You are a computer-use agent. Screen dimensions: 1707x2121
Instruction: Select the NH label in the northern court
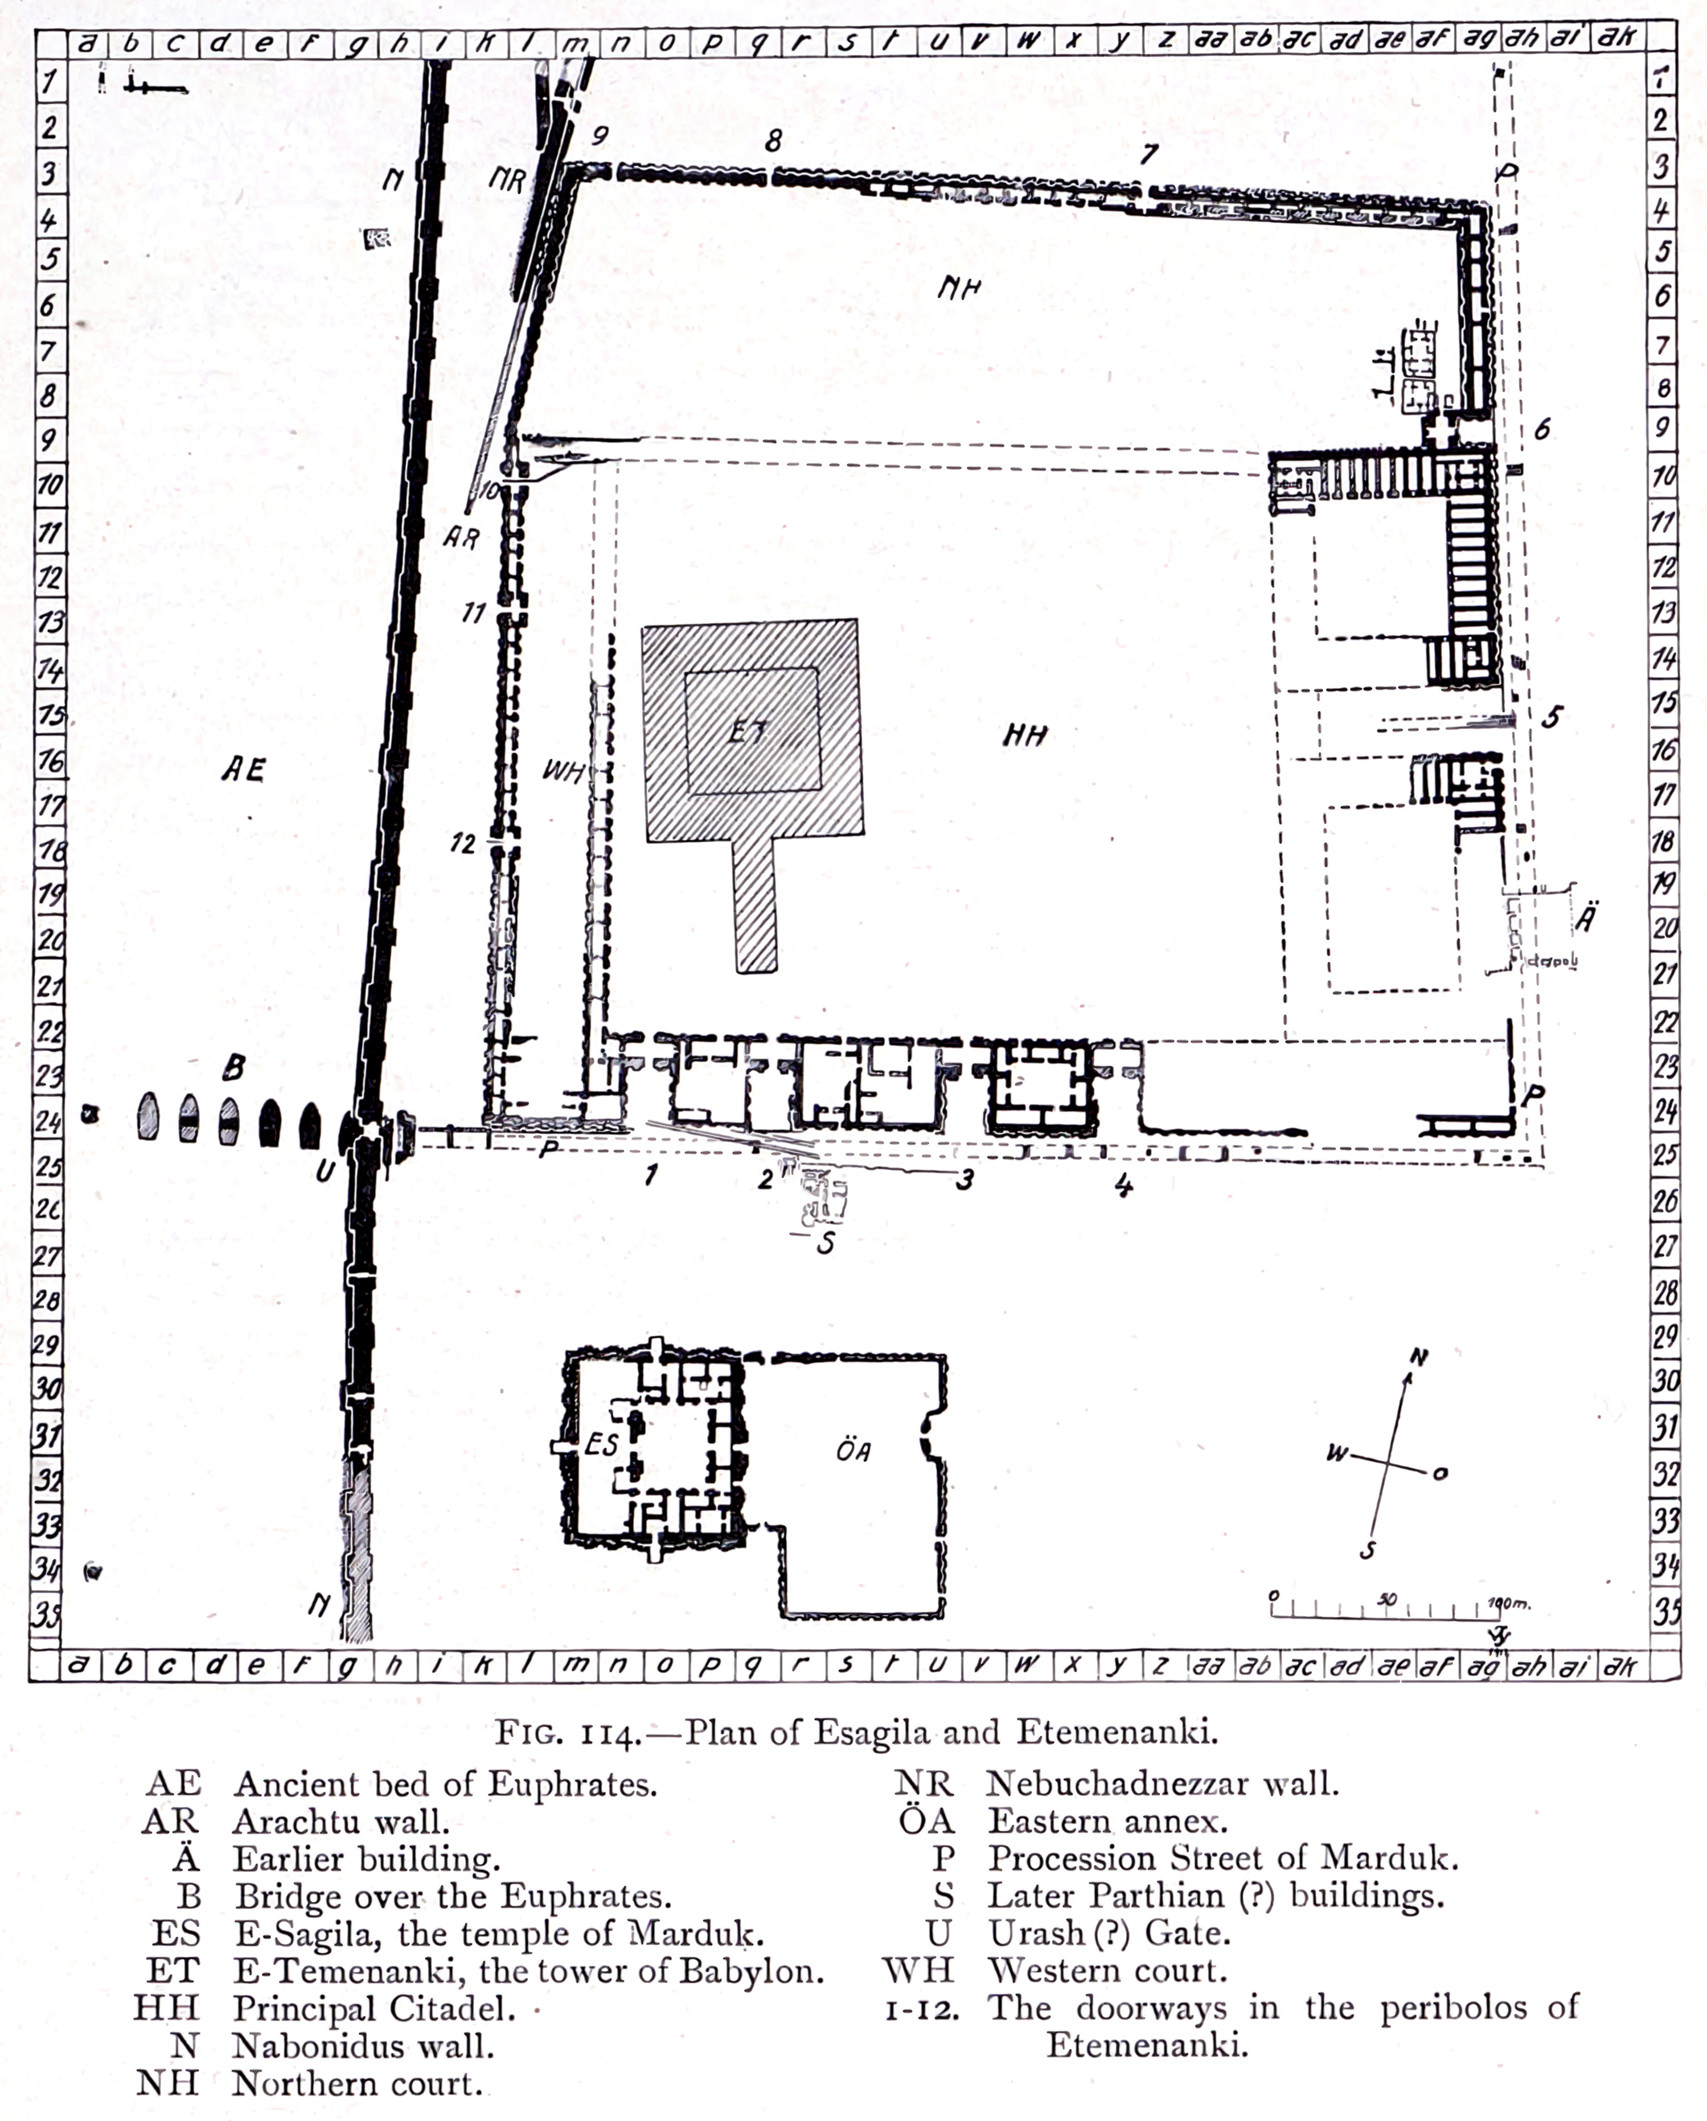point(959,288)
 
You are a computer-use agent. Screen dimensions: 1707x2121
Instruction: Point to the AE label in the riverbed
point(243,768)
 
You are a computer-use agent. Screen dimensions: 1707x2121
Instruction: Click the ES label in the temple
point(601,1443)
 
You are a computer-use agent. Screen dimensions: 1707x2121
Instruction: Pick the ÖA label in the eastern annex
point(853,1449)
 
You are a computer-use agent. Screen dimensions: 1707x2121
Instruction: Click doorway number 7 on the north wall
point(1148,154)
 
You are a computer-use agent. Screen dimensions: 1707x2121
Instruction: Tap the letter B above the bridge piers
point(233,1066)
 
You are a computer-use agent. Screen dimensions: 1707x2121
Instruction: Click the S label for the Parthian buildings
point(826,1243)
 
